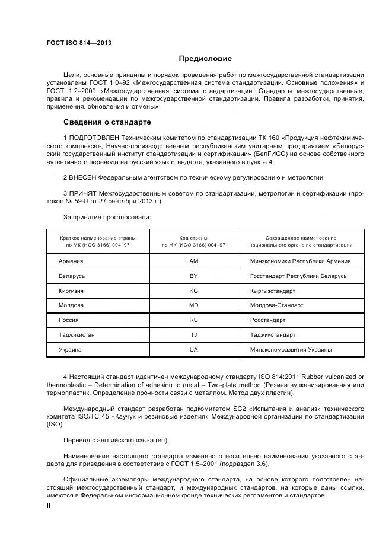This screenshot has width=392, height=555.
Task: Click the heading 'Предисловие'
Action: coord(205,59)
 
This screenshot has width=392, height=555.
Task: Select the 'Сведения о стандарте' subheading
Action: coord(107,122)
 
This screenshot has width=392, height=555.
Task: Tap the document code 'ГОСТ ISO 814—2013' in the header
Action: coord(79,43)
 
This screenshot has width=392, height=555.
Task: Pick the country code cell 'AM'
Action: coord(194,261)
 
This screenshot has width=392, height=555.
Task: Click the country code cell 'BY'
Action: coord(194,276)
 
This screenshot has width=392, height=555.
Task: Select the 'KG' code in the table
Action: coord(194,291)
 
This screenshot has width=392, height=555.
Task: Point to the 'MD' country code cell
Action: coord(194,305)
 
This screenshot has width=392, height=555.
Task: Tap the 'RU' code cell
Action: coord(194,320)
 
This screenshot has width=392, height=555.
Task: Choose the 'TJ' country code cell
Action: coord(194,335)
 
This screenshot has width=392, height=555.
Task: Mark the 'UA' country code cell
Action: coord(194,350)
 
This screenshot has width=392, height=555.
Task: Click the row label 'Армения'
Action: coord(71,261)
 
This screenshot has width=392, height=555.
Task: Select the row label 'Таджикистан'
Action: coord(77,335)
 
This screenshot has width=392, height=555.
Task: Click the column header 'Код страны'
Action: coord(194,237)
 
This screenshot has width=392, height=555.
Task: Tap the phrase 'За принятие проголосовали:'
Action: coord(107,217)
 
